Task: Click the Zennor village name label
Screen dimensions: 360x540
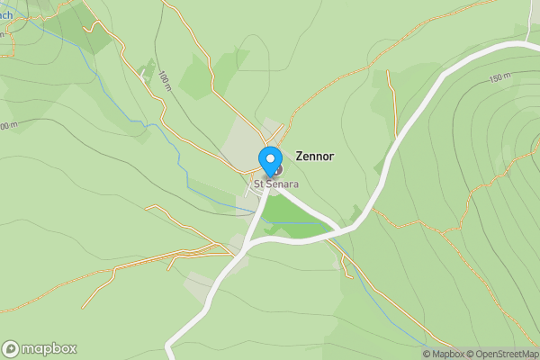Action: click(314, 156)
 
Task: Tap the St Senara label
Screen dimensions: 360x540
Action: click(275, 184)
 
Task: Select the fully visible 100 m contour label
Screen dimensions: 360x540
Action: click(164, 81)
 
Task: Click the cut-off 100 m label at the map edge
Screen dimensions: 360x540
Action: click(7, 125)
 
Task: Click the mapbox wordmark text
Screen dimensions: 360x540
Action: click(49, 348)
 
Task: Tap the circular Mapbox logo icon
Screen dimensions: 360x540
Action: click(11, 348)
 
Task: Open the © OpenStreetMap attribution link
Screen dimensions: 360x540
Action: click(505, 354)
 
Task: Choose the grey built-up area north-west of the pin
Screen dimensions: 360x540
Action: click(238, 144)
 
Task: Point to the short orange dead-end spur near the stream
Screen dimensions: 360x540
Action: click(391, 90)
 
